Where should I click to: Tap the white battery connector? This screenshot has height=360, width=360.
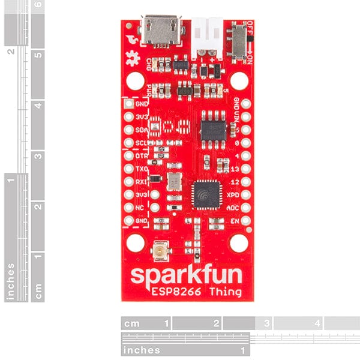(205, 36)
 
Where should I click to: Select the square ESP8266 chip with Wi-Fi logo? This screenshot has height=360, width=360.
(208, 196)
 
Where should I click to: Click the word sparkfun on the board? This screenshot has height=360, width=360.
(187, 277)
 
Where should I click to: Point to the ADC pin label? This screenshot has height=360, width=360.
(233, 208)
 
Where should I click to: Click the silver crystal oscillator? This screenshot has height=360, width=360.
(174, 181)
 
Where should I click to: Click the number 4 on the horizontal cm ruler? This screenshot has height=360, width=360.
(317, 323)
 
